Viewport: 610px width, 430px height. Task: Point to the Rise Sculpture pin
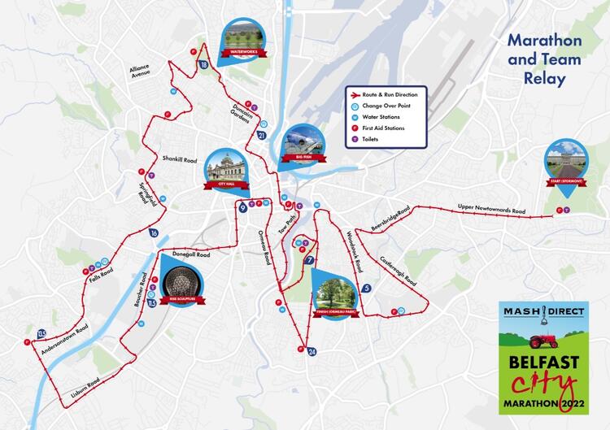(181, 281)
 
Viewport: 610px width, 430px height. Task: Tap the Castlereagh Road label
(399, 271)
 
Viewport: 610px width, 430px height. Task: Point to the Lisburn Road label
(83, 386)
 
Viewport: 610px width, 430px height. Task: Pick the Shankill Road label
(180, 159)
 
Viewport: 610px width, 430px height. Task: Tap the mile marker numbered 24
(312, 351)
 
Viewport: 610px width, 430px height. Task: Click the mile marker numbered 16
(154, 233)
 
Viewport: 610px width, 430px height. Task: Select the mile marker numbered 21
(261, 135)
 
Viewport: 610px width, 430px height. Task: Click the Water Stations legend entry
(382, 117)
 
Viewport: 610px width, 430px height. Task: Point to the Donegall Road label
(191, 254)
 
